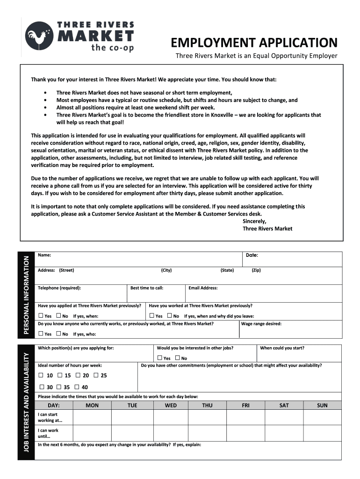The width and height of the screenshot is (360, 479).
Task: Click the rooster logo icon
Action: (x=39, y=36)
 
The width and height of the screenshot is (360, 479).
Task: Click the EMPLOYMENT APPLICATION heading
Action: (x=254, y=43)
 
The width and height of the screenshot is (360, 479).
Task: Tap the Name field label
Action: (x=44, y=255)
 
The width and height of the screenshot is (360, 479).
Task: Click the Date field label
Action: (x=252, y=255)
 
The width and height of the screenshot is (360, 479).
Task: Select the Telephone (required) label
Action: (x=59, y=288)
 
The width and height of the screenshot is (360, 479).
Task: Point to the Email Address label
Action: (x=203, y=288)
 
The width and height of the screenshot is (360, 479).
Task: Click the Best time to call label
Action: (x=147, y=288)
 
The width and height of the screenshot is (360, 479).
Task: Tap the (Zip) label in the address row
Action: (x=256, y=270)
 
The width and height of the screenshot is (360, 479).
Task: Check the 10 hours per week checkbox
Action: (x=41, y=375)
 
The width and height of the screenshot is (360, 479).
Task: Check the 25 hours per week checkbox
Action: (x=96, y=375)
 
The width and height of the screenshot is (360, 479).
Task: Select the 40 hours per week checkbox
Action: (x=78, y=387)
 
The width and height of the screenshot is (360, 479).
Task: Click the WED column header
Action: (x=171, y=405)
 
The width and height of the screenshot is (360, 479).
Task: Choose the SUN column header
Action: (x=322, y=405)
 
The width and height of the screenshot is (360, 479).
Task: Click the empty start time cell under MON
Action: (x=92, y=417)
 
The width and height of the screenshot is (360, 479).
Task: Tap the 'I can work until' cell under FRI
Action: (x=245, y=433)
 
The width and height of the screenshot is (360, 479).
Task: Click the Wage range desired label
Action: (x=261, y=323)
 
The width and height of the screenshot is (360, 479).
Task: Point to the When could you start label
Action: (x=282, y=348)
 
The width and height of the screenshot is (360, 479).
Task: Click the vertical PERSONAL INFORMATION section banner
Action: (x=28, y=294)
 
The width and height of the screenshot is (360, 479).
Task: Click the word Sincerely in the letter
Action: (x=254, y=221)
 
